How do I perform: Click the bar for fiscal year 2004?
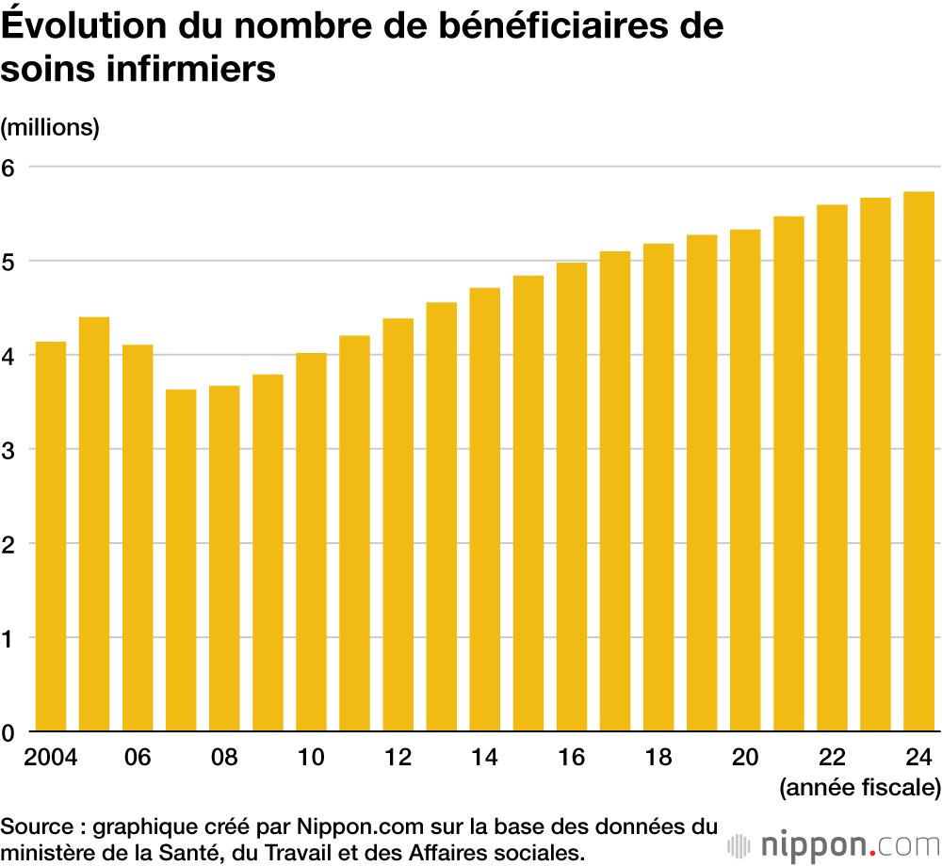(x=51, y=537)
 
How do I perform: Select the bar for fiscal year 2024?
(x=918, y=461)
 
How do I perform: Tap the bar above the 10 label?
(x=311, y=542)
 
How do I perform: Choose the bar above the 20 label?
(x=745, y=480)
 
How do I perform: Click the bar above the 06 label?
(x=138, y=537)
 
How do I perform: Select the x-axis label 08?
(x=224, y=757)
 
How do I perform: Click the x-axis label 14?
(x=484, y=757)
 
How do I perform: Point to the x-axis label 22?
(x=832, y=757)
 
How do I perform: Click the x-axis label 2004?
(x=51, y=757)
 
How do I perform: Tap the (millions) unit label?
(x=50, y=127)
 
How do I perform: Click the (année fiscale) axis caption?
(x=858, y=787)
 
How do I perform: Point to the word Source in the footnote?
(x=36, y=828)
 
